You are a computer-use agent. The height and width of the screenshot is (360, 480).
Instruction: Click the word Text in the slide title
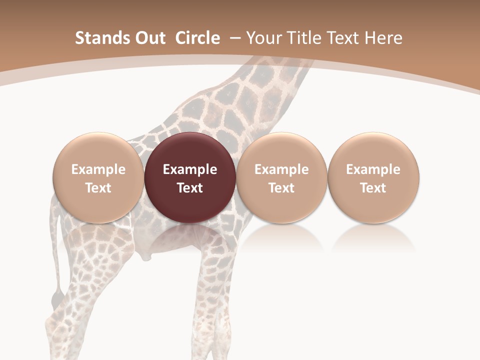click(x=342, y=38)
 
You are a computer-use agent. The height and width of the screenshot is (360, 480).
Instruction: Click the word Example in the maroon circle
click(x=190, y=169)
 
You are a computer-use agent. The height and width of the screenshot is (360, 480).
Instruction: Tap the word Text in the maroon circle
click(x=190, y=188)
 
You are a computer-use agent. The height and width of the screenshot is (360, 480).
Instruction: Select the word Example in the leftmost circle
click(x=98, y=169)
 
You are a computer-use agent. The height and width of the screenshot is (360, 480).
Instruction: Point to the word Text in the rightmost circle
click(x=373, y=188)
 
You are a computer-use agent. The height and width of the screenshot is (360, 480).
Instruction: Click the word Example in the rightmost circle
click(x=373, y=169)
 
